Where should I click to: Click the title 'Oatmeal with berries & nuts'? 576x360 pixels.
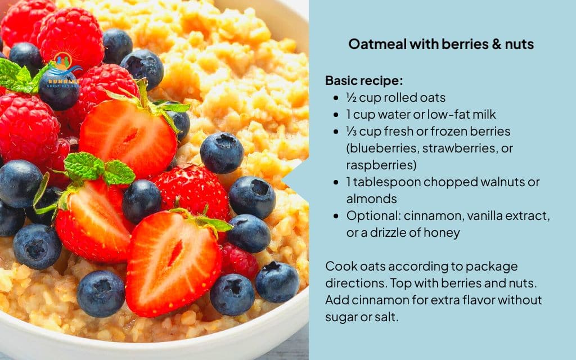[440, 44]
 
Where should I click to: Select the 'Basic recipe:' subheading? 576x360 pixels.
[364, 80]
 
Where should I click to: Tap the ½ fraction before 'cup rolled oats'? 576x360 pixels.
[350, 97]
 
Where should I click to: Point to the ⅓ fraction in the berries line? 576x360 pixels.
[350, 131]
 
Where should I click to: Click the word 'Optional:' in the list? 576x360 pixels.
[371, 215]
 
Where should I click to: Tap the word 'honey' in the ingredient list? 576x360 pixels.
[444, 232]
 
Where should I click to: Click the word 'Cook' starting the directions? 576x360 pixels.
[339, 266]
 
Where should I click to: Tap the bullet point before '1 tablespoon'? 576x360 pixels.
[336, 182]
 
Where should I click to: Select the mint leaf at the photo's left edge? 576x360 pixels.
[16, 77]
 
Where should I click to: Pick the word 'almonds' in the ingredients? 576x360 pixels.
[372, 199]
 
